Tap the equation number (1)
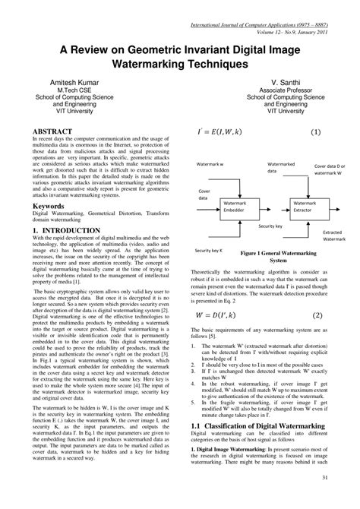315,132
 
